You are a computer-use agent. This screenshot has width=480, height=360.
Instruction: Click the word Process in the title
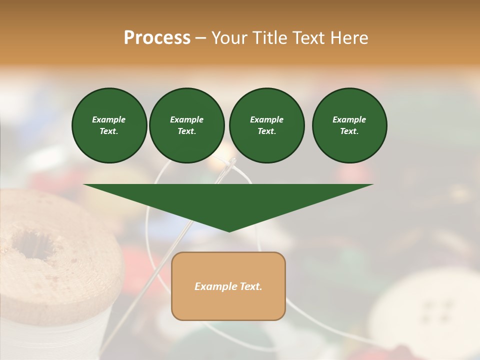click(x=157, y=38)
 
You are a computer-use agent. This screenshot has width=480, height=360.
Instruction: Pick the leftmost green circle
click(x=109, y=125)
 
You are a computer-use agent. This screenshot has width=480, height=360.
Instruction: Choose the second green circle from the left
click(x=187, y=125)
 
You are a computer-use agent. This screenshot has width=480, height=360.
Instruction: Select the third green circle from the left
click(x=266, y=125)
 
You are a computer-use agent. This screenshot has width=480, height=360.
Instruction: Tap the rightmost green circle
click(x=349, y=125)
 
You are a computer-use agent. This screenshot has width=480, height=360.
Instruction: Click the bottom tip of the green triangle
click(x=229, y=230)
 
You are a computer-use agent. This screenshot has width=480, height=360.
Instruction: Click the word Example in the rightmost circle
click(x=349, y=119)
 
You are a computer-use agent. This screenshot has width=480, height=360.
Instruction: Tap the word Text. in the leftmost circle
click(x=109, y=131)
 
